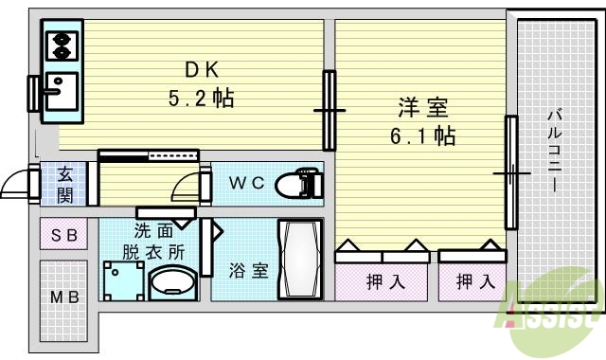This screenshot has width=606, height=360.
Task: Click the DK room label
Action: coord(200,69)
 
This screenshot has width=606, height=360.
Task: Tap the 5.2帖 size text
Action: coord(201,97)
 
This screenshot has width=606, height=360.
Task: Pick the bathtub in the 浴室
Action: coord(299,258)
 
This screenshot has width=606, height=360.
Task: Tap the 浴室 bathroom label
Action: coord(248,270)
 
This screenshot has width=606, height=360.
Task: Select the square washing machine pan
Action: coord(124,279)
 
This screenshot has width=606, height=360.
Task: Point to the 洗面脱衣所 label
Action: coord(153,242)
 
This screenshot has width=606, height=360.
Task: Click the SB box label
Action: coord(63,234)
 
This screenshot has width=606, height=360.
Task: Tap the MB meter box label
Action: coord(64,297)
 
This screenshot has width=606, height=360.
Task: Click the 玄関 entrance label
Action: coord(65,184)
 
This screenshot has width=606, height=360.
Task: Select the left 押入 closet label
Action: coord(381,281)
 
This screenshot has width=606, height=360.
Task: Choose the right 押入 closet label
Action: coord(472,281)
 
